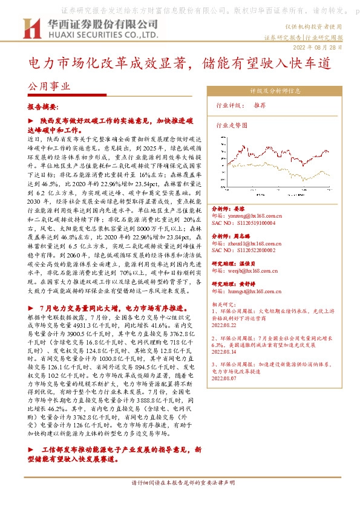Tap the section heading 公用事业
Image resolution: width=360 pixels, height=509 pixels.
click(49, 86)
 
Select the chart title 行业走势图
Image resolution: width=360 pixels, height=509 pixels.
click(232, 125)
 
